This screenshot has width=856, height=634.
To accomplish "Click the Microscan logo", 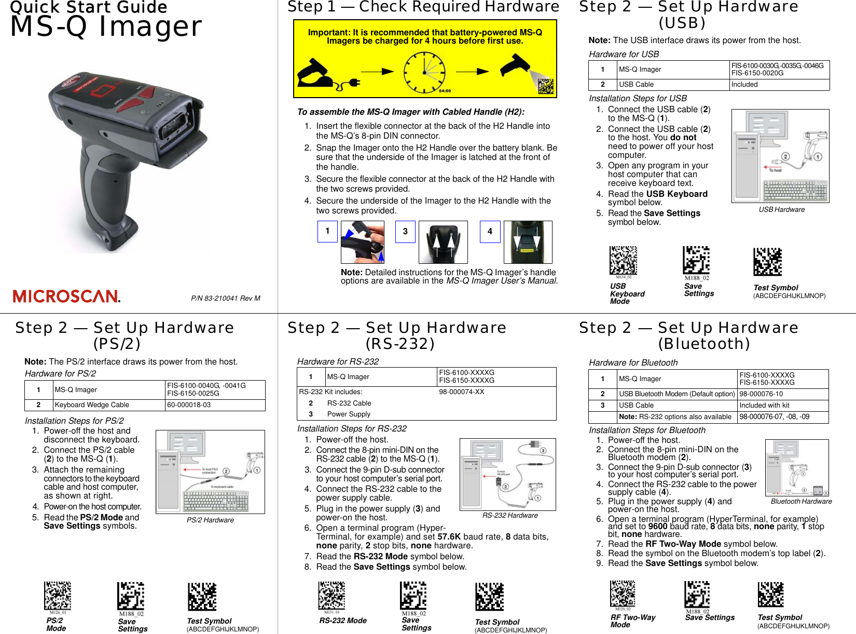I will point(66,296).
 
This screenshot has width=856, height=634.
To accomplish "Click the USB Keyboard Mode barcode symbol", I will point(623,260).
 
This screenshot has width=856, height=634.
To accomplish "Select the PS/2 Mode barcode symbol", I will point(58,595).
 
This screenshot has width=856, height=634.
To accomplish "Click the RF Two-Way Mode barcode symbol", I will point(623,593).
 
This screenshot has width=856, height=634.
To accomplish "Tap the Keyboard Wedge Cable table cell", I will point(108,405).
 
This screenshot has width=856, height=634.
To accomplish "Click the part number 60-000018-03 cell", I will point(189,405).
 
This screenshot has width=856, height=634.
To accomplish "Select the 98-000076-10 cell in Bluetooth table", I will point(761,394).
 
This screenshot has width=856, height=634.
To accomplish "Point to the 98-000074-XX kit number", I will point(461,392).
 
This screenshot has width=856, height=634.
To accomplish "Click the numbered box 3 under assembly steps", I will point(405,232).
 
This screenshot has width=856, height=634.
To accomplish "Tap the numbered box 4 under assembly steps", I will point(490,232).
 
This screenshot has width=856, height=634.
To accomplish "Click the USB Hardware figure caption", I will point(781,210).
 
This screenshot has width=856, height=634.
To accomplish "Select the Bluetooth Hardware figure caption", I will point(800,502).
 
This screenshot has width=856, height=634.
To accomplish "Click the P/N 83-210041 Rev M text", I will point(226,298).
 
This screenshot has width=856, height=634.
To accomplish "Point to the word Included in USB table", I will point(744,85).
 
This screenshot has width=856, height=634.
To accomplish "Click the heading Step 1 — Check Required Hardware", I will point(423,7).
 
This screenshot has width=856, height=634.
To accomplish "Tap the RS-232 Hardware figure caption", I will point(509,516).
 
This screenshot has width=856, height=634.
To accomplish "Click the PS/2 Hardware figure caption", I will point(210,520).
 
